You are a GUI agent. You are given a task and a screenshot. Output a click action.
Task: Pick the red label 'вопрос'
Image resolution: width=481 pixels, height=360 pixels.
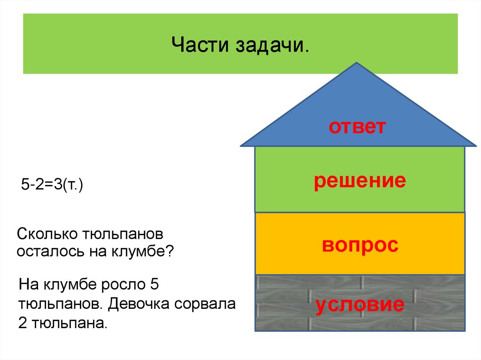coord(360,245)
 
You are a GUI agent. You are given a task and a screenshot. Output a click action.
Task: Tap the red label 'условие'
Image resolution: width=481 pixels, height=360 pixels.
coord(360,304)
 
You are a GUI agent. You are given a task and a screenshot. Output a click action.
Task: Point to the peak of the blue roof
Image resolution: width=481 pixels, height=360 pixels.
coord(357,63)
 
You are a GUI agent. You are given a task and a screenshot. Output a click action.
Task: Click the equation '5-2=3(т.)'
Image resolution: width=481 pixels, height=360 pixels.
coord(52,185)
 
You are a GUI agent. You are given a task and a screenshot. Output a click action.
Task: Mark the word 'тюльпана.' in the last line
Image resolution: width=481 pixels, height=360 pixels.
coord(70,323)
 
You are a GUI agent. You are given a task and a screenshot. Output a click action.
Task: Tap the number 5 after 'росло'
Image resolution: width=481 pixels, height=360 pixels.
coord(150,284)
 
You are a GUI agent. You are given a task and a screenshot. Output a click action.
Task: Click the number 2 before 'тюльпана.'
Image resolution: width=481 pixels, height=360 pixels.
coord(24,323)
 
